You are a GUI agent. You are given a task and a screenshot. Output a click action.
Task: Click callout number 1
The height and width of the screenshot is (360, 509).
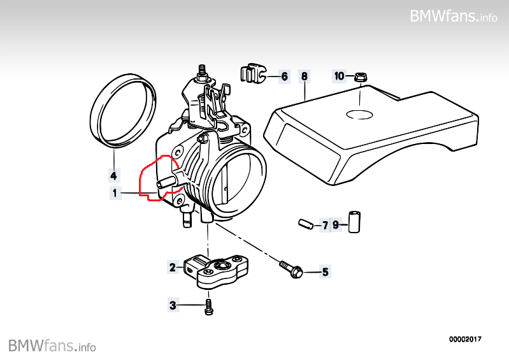115,192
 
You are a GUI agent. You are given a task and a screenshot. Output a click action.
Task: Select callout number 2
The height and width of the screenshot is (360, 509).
172,267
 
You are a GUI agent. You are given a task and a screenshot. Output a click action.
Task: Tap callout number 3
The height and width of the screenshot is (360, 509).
172,306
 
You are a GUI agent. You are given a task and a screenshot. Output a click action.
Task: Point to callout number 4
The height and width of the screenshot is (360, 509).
113,175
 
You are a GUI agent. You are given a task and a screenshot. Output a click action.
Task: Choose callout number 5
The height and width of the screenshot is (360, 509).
325,273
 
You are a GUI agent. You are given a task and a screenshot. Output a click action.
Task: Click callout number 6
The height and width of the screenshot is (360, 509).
284,76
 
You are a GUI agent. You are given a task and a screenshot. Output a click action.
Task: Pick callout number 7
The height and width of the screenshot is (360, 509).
325,225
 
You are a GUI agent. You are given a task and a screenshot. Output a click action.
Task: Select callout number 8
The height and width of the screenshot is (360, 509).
305,76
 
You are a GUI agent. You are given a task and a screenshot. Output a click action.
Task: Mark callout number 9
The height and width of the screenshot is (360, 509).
336,225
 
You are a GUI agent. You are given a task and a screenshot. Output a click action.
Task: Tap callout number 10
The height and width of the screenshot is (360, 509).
340,76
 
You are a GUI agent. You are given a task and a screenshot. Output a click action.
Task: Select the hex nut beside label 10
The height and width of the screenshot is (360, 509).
359,77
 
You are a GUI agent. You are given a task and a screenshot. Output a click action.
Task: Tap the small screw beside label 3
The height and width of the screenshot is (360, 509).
209,307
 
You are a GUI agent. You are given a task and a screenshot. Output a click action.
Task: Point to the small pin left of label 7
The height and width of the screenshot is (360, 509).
305,224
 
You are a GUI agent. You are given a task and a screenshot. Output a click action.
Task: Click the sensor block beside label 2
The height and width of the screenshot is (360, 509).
217,270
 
